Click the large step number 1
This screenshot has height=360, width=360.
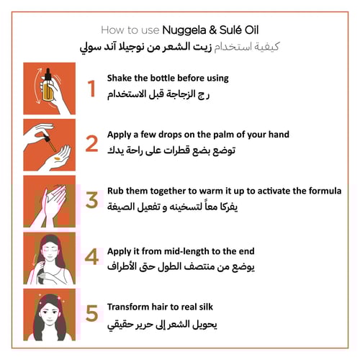click(x=91, y=88)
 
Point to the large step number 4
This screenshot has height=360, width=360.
click(x=91, y=257)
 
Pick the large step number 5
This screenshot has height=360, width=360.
click(x=91, y=313)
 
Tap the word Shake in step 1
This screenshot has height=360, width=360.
click(x=120, y=78)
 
